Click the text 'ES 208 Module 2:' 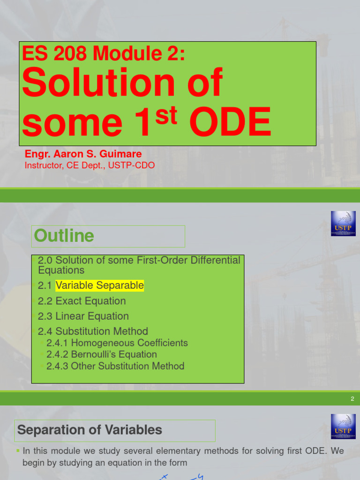(x=104, y=54)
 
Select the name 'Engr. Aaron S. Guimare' (x=83, y=154)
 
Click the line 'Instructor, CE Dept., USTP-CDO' (x=90, y=165)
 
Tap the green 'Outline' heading (x=64, y=236)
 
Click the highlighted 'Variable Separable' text (x=99, y=285)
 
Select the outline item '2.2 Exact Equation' (x=82, y=301)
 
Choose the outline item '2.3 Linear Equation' (x=83, y=316)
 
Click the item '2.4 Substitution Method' (x=93, y=331)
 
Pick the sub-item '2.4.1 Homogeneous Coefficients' (x=117, y=343)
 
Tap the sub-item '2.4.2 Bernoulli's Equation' (x=102, y=354)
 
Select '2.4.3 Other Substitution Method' (x=115, y=366)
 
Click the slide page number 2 (x=352, y=399)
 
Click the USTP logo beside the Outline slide (x=343, y=224)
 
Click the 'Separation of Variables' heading (x=90, y=430)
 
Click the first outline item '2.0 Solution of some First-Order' (x=139, y=260)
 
